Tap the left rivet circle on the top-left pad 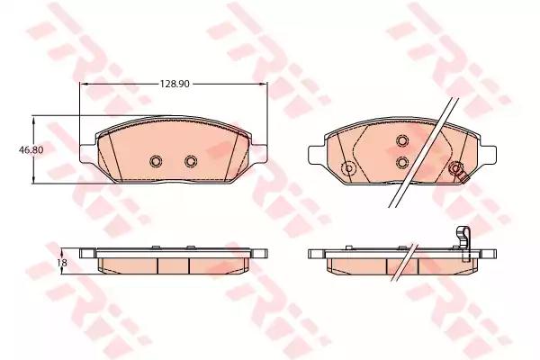(x=154, y=161)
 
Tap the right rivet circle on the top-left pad (x=190, y=161)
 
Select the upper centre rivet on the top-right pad (x=403, y=139)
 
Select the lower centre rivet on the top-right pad (x=403, y=162)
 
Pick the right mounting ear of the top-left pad (x=261, y=156)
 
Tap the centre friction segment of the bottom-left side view (x=173, y=265)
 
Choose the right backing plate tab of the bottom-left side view (x=261, y=254)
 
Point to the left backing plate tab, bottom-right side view (x=315, y=254)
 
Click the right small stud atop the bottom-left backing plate (x=191, y=246)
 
